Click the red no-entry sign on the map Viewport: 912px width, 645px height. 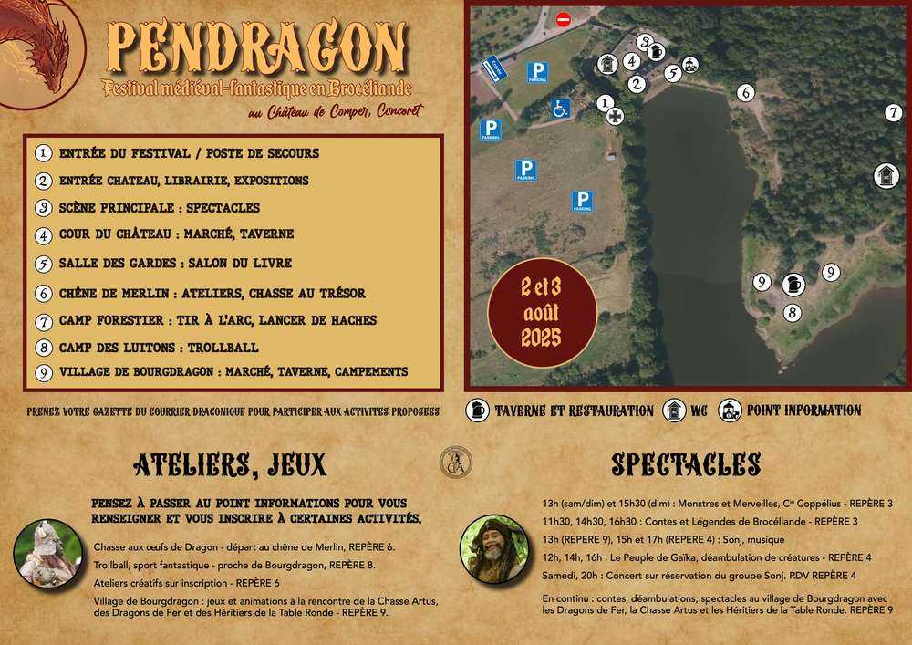tap(564, 19)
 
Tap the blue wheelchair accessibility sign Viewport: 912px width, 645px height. tap(559, 108)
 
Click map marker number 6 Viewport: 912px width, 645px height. tap(745, 92)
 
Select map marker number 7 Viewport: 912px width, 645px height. tap(893, 113)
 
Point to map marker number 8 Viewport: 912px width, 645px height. tap(793, 312)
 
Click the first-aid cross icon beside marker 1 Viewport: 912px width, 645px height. tap(616, 117)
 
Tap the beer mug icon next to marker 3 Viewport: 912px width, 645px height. tap(657, 53)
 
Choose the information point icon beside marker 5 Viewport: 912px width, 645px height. tap(690, 65)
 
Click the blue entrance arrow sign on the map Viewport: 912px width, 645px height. tap(493, 68)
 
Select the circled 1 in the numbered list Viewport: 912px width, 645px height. tap(43, 153)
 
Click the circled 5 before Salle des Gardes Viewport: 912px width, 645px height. tap(43, 264)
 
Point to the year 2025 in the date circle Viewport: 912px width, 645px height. tap(541, 338)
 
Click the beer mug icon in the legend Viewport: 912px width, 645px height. tap(476, 411)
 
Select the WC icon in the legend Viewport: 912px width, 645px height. tap(674, 411)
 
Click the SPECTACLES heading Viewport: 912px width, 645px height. tap(685, 464)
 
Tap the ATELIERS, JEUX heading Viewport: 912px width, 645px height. tap(229, 465)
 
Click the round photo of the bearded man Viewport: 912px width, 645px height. tap(494, 550)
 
